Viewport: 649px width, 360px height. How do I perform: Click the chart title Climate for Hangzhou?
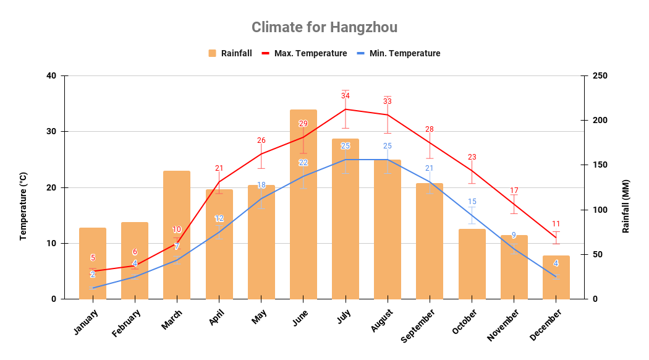point(324,27)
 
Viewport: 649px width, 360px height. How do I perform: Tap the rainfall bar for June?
point(303,204)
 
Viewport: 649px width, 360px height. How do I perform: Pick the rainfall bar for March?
point(177,235)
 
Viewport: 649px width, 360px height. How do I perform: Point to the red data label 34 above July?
point(346,96)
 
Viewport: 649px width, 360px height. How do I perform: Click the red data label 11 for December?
point(556,224)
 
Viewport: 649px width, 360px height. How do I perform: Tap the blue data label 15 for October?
point(472,202)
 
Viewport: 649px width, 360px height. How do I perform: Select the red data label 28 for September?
point(430,129)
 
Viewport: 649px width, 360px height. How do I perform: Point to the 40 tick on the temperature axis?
point(51,76)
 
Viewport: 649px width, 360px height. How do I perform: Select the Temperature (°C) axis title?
point(23,207)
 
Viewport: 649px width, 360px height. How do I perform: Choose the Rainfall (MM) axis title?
point(626,207)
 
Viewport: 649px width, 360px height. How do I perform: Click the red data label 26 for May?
point(261,140)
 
